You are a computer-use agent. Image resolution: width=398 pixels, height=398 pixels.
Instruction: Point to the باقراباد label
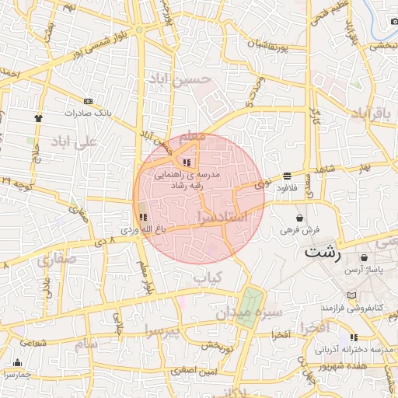(x=368, y=114)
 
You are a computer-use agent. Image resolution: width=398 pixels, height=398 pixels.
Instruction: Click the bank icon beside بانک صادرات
(x=88, y=101)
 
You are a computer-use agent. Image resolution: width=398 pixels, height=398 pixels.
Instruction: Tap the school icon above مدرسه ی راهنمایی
(x=186, y=162)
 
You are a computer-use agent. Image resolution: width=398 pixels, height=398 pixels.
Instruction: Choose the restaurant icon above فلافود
(x=287, y=176)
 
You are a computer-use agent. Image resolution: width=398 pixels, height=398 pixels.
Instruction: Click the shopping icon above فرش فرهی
(x=300, y=218)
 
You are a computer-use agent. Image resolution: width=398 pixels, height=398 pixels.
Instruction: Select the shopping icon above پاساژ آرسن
(x=365, y=257)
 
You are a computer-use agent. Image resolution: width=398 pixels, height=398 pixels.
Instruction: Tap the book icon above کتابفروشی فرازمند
(x=354, y=297)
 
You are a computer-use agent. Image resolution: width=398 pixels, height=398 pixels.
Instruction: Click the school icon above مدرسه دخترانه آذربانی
(x=354, y=337)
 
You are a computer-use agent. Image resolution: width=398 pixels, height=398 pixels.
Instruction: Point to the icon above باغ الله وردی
(x=141, y=218)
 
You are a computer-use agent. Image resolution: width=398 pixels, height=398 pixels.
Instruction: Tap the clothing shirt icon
(x=38, y=118)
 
